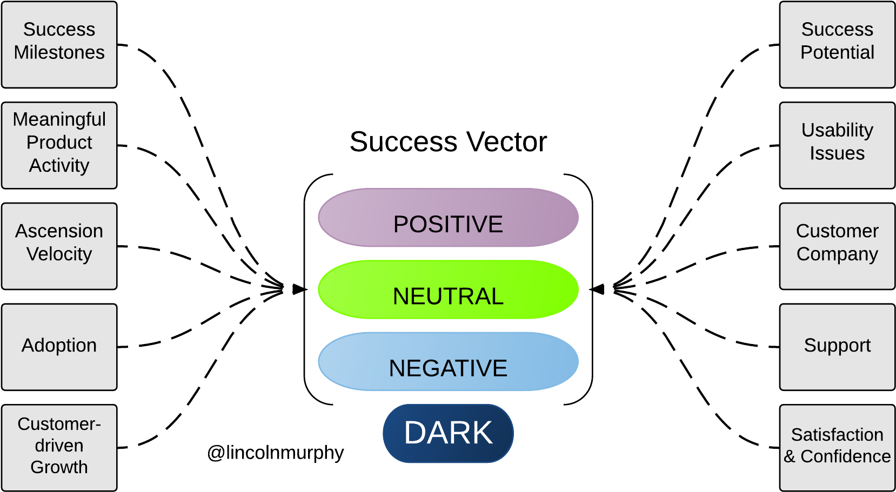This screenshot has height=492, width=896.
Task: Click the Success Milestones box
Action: pos(59,44)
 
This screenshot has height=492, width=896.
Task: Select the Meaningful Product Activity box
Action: pos(59,145)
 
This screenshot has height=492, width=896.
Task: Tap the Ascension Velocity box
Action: pos(59,246)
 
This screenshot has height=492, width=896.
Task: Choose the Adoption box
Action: pos(59,347)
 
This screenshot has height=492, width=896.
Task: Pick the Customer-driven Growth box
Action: pos(59,448)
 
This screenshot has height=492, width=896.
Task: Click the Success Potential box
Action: pos(837,44)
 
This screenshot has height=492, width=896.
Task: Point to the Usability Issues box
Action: pos(837,145)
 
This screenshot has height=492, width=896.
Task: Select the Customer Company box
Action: pos(837,246)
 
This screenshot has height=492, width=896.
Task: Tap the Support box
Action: pos(837,347)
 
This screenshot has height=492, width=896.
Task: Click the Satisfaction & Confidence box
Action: pos(837,448)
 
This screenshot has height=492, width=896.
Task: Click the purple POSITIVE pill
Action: pos(448,218)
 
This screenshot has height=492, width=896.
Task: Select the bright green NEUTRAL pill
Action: pos(448,289)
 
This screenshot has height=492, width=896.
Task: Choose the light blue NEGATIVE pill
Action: pos(448,361)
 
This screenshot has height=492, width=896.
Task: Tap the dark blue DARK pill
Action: pos(448,433)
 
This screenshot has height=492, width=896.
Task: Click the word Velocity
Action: pos(59,254)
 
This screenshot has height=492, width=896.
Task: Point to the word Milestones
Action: pos(59,52)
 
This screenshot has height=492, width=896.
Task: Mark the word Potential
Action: pos(837,52)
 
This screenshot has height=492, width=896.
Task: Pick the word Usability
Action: pos(837,130)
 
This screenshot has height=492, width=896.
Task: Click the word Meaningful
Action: pos(59,119)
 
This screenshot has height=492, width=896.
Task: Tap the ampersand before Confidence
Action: pos(790,457)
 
